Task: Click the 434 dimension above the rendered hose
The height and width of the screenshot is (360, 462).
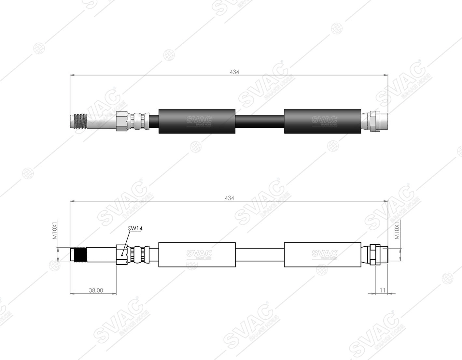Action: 234,72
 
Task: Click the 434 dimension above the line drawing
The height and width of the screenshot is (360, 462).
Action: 230,198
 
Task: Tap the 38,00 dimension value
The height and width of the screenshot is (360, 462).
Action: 96,290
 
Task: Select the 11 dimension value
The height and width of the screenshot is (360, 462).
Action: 383,290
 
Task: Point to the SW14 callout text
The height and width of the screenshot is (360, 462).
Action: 135,228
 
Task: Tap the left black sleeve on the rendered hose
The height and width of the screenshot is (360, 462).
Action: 197,121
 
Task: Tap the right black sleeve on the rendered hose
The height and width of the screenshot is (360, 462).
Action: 323,121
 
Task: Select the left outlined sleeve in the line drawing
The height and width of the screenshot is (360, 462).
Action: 197,254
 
